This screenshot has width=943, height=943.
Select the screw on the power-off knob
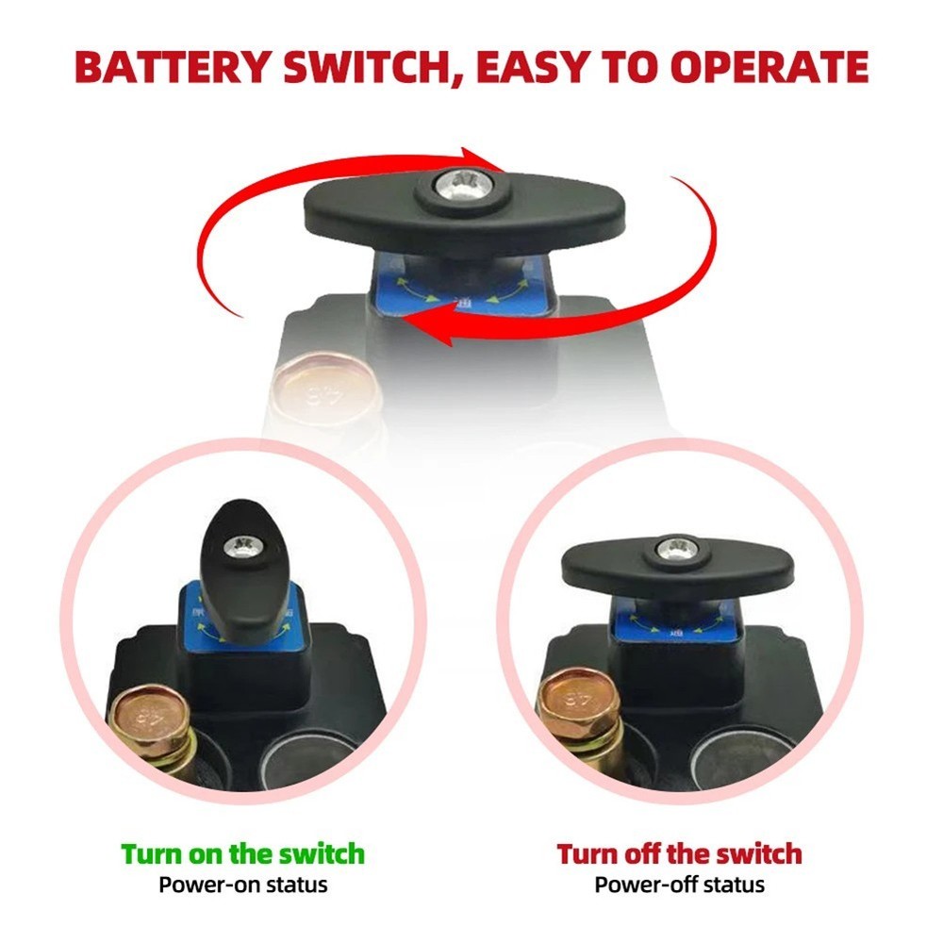(x=677, y=548)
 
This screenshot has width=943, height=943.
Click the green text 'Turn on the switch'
(x=242, y=854)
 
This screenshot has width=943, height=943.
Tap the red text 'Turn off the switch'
(x=679, y=854)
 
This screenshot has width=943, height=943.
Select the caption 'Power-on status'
(x=242, y=885)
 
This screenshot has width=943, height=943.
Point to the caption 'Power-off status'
(x=679, y=885)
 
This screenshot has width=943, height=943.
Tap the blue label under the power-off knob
(x=678, y=623)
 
